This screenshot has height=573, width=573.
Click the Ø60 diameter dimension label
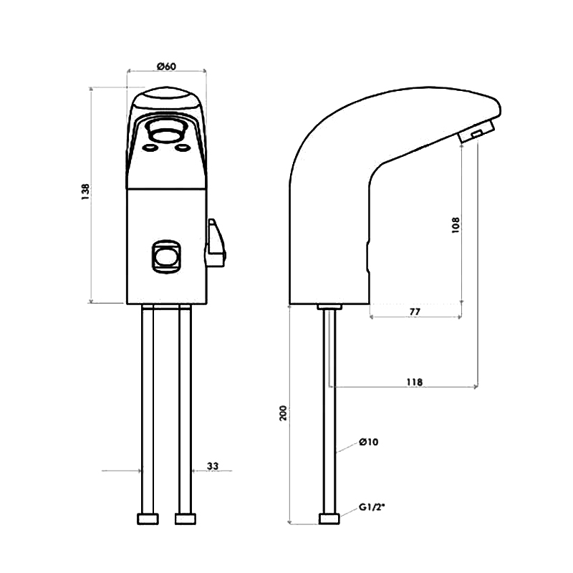click(x=166, y=67)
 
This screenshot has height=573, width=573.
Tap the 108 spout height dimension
click(x=456, y=223)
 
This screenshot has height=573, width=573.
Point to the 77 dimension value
click(x=414, y=313)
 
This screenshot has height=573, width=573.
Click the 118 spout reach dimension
click(x=414, y=382)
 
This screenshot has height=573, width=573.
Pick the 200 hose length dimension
click(x=284, y=413)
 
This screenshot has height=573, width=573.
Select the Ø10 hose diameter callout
click(x=368, y=442)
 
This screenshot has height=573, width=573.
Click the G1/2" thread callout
click(x=372, y=507)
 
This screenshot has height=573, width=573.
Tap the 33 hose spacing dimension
click(x=213, y=466)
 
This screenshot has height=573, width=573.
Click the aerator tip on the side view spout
click(x=475, y=133)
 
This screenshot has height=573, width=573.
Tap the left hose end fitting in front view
click(x=148, y=519)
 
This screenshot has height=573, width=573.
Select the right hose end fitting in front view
click(x=186, y=519)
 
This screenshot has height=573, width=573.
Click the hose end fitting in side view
click(x=329, y=519)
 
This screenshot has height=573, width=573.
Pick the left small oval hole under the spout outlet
click(x=151, y=148)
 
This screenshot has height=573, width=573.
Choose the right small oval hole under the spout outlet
click(x=183, y=148)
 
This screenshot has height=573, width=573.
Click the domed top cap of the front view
click(x=166, y=97)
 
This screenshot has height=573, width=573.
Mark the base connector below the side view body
click(x=329, y=307)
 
